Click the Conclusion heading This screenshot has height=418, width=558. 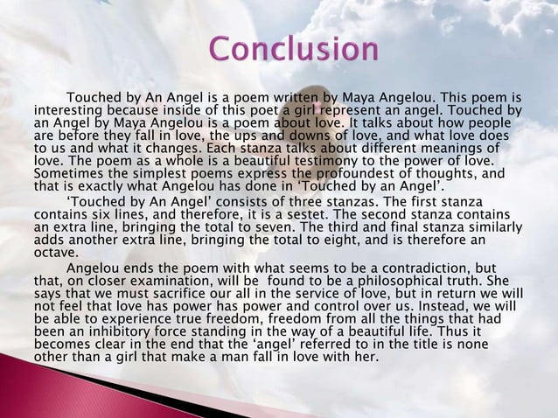tap(293, 49)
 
